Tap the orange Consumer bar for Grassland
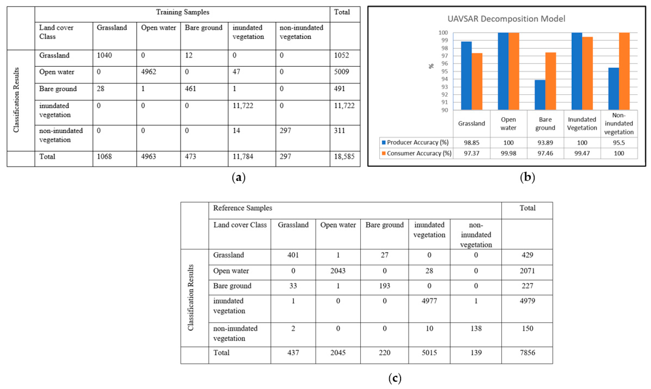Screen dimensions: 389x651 477,81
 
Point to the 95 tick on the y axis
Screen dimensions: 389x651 444,71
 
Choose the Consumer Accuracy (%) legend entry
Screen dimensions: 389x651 417,153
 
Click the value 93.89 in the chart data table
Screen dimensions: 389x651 545,143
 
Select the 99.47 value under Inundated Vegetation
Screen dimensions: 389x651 582,153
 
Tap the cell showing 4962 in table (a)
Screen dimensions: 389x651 149,72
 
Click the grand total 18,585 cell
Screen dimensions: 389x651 344,156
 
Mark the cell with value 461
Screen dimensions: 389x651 190,89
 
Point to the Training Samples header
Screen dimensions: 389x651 183,12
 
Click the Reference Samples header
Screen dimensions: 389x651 242,208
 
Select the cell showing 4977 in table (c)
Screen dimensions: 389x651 429,301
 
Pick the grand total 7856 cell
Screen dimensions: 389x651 527,353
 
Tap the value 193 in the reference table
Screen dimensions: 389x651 384,286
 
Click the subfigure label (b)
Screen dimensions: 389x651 527,177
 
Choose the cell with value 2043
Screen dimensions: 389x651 338,271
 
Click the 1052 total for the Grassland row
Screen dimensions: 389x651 341,55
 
